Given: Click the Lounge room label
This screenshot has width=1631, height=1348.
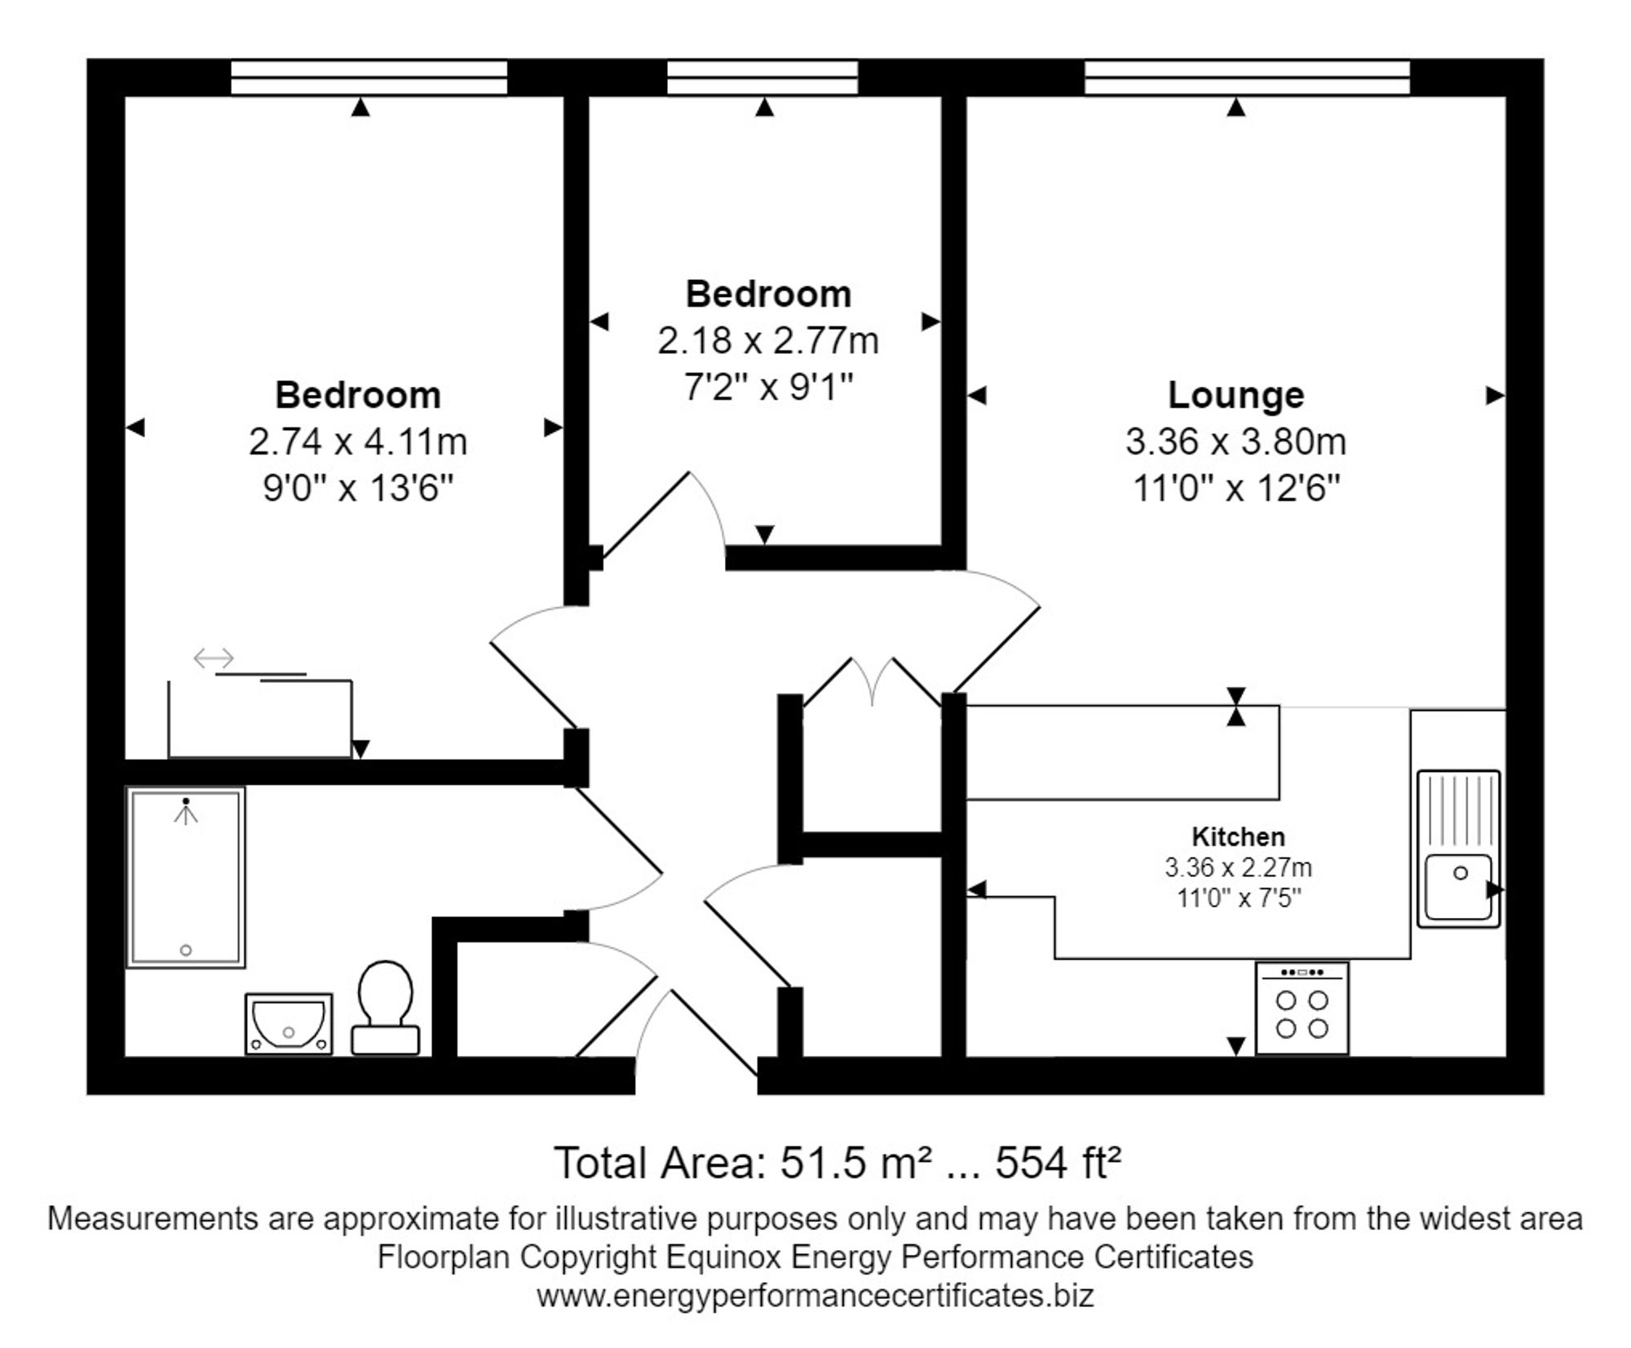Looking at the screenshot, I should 1235,395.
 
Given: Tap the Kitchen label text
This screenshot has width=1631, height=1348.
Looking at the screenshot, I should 1238,836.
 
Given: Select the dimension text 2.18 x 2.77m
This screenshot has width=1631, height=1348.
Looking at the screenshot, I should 768,341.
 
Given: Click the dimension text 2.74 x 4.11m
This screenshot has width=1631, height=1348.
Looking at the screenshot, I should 358,442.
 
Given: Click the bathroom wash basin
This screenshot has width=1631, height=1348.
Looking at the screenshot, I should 289,1022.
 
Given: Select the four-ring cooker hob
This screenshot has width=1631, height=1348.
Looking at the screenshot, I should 1302,1008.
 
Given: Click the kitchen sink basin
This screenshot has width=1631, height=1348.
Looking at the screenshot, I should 1458,885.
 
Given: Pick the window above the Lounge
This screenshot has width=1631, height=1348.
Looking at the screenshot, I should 1247,78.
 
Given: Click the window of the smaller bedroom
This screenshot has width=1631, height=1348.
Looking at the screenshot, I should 762,78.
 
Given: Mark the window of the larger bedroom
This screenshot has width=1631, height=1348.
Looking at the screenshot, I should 369,78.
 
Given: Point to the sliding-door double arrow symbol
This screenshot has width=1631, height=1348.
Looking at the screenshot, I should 214,658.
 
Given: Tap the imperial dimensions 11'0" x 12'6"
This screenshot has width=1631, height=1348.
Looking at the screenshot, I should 1236,489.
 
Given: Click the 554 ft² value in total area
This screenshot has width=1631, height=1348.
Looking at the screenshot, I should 1058,1163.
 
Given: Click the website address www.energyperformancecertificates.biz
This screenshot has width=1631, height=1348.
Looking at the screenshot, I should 815,1296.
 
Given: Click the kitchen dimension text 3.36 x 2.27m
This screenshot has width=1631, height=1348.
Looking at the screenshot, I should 1238,867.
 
